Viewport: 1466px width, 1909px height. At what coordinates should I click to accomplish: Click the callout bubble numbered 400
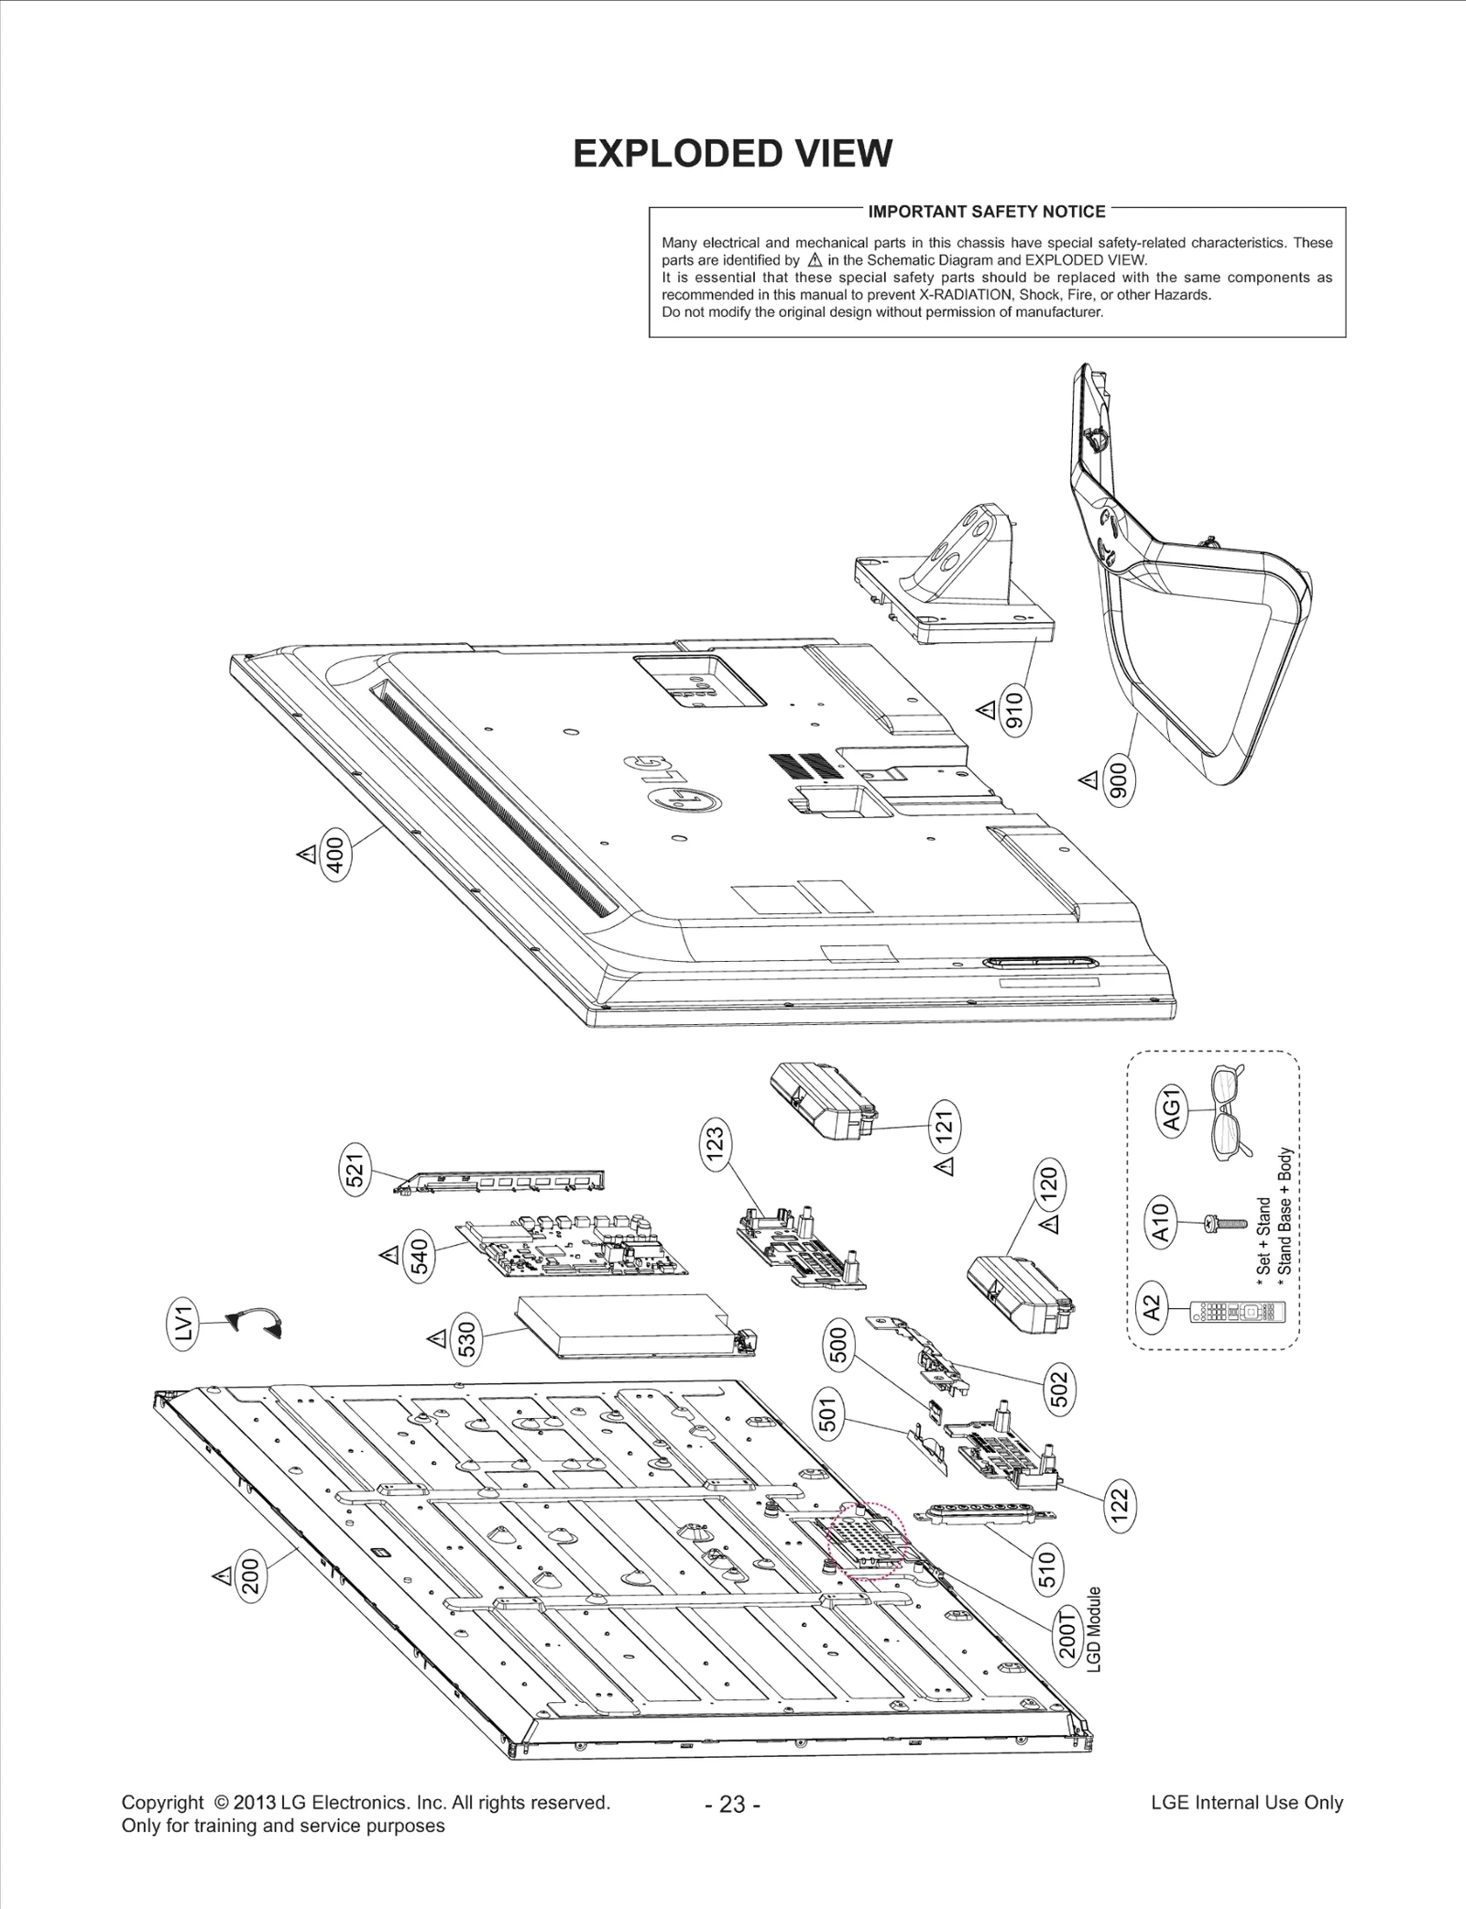click(x=335, y=856)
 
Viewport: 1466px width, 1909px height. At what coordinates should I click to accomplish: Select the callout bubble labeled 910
click(x=1015, y=710)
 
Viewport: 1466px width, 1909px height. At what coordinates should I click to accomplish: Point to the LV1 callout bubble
click(x=185, y=1325)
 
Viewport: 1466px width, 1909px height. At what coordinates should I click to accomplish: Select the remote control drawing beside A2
click(x=1237, y=1313)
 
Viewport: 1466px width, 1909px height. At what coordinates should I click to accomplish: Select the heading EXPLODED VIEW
click(x=732, y=154)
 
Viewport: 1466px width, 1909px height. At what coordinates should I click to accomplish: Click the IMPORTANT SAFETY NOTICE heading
click(x=987, y=212)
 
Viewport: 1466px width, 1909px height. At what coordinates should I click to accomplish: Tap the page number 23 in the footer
click(x=732, y=1804)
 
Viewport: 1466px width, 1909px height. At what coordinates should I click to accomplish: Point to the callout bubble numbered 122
click(x=1120, y=1504)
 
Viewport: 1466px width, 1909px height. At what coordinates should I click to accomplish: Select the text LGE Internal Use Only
click(x=1246, y=1802)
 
